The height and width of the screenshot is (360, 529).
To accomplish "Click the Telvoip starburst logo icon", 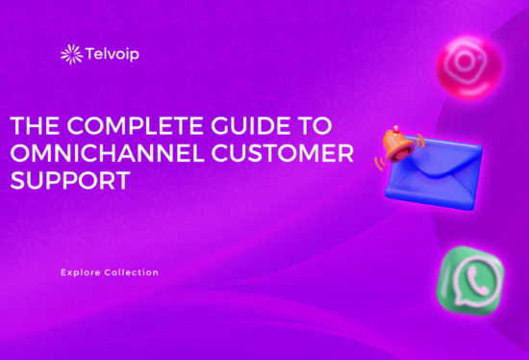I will point(69,55).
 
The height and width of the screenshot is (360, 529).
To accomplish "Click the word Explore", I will point(79,272).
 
